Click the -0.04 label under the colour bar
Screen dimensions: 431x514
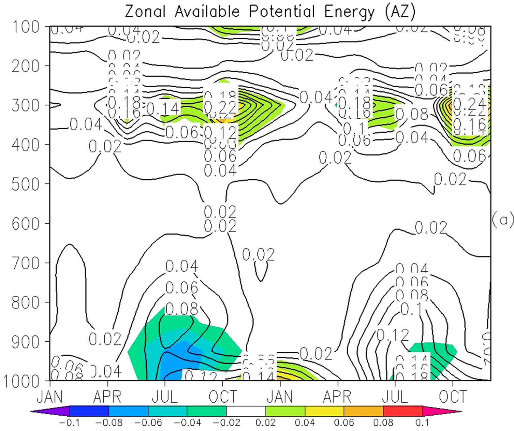click(x=187, y=423)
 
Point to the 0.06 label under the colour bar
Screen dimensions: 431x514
click(x=344, y=423)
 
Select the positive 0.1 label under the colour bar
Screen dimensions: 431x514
click(x=422, y=423)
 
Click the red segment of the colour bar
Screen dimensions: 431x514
click(x=403, y=411)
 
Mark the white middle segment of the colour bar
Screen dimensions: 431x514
click(x=246, y=411)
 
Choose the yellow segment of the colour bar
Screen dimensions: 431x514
click(x=324, y=411)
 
